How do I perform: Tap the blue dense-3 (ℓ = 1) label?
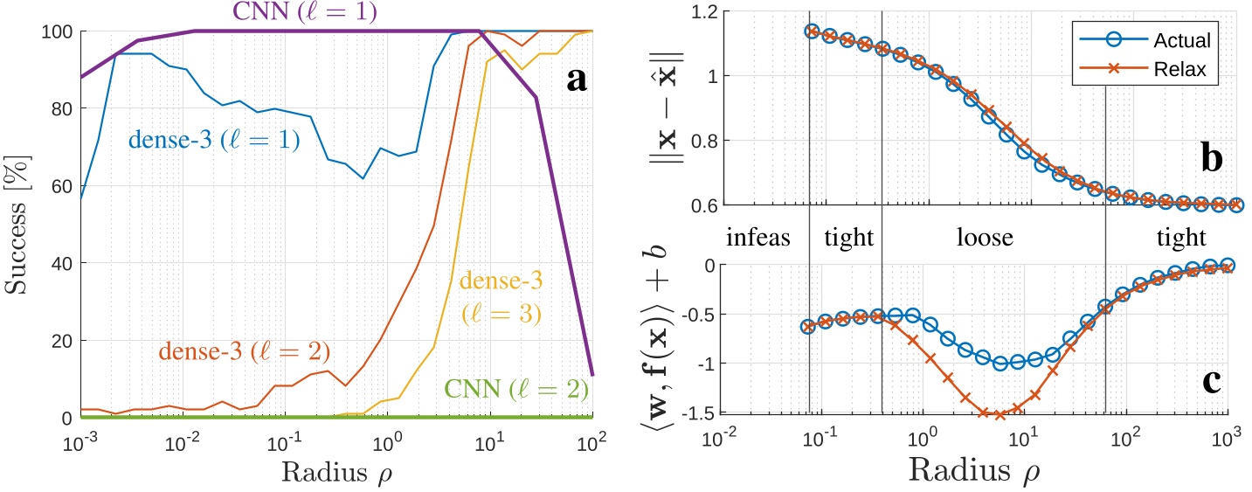pyautogui.click(x=214, y=140)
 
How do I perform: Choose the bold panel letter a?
pyautogui.click(x=576, y=80)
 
